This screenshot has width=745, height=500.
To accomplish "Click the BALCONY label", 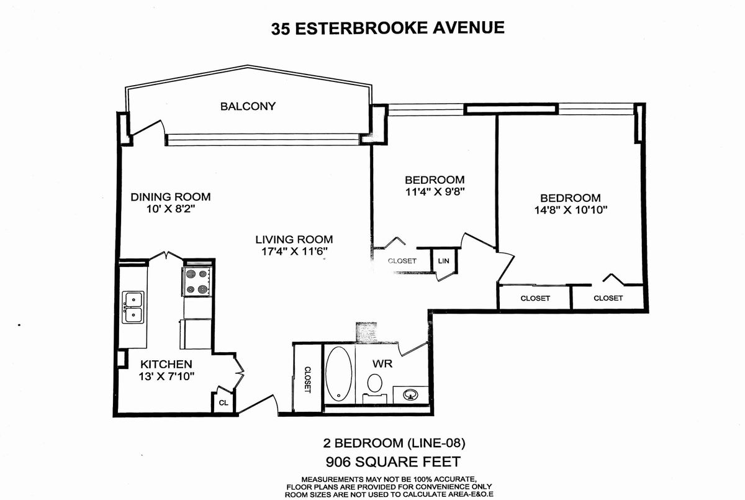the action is [248, 106].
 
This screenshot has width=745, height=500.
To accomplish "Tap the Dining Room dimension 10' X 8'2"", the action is [170, 209].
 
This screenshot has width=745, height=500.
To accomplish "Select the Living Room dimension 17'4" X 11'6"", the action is [294, 252].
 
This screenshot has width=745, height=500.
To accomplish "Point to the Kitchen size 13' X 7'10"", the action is [166, 376].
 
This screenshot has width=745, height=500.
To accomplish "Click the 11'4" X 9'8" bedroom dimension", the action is [435, 192].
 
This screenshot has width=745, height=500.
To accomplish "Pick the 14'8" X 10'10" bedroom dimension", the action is [571, 210].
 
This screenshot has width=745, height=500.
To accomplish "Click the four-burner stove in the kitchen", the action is [197, 281].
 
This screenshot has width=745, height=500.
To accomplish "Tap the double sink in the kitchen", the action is [133, 307].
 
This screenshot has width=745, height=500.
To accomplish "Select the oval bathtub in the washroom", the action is [338, 373].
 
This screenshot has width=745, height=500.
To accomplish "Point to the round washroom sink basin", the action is [410, 395].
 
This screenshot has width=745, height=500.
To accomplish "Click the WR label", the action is [382, 363].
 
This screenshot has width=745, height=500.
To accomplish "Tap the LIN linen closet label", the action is [444, 261].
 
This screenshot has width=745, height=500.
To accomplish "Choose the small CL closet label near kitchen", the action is [223, 403].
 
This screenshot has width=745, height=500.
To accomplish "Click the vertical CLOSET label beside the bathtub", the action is [308, 380].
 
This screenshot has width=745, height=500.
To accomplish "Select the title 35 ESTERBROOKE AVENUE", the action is [388, 28].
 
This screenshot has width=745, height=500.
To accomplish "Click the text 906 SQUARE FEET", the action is [393, 461].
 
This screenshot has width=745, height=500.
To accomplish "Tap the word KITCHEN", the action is [166, 364].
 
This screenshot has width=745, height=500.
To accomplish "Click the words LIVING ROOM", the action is [294, 240].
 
